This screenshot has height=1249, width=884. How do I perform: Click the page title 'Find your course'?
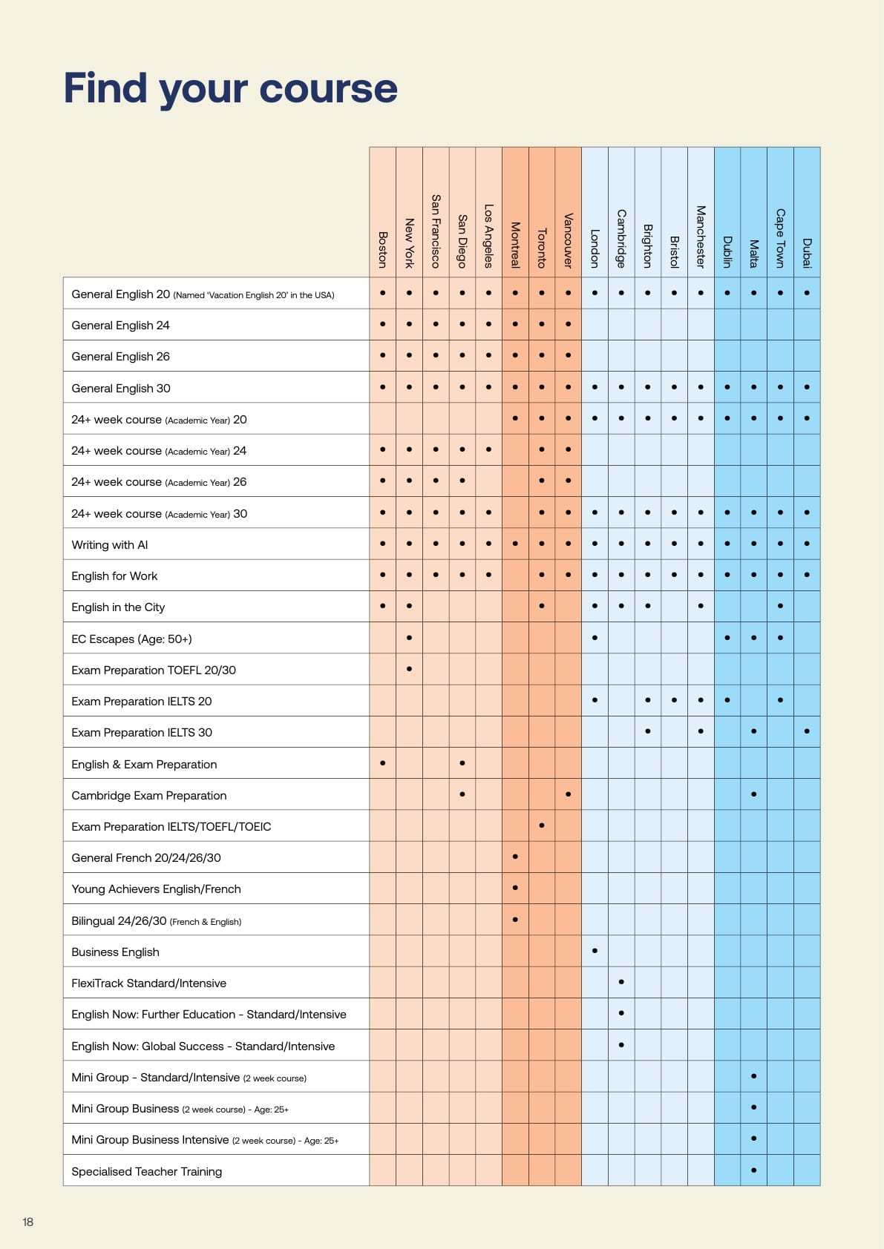tap(230, 88)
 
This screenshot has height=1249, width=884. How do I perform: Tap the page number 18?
tap(28, 1222)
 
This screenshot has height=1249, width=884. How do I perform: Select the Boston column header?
tap(383, 249)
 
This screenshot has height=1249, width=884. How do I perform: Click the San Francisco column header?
tap(436, 231)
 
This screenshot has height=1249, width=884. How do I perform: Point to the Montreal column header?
tap(515, 244)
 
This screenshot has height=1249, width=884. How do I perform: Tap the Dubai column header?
tap(807, 253)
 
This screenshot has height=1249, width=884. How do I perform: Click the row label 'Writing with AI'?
tap(110, 544)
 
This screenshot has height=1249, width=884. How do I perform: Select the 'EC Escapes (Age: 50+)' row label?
tap(131, 639)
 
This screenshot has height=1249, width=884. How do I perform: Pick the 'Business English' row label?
tap(115, 952)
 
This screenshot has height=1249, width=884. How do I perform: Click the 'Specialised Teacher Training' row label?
tap(146, 1171)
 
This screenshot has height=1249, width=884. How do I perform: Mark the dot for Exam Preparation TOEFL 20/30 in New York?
tap(409, 669)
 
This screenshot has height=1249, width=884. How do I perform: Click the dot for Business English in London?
tap(595, 950)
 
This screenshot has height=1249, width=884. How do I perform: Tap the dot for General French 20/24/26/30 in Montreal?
tap(515, 857)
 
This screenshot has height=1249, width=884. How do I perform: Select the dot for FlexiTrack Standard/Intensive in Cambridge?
tap(621, 982)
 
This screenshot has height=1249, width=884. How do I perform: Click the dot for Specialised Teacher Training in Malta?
tap(753, 1170)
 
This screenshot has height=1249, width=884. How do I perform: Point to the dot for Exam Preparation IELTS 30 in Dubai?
tap(807, 731)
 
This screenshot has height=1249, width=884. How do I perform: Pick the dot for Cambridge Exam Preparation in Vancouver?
tap(568, 794)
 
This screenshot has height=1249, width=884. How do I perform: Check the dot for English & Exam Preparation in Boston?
tap(382, 762)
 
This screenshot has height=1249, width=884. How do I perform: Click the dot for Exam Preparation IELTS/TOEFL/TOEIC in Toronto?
tap(542, 825)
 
